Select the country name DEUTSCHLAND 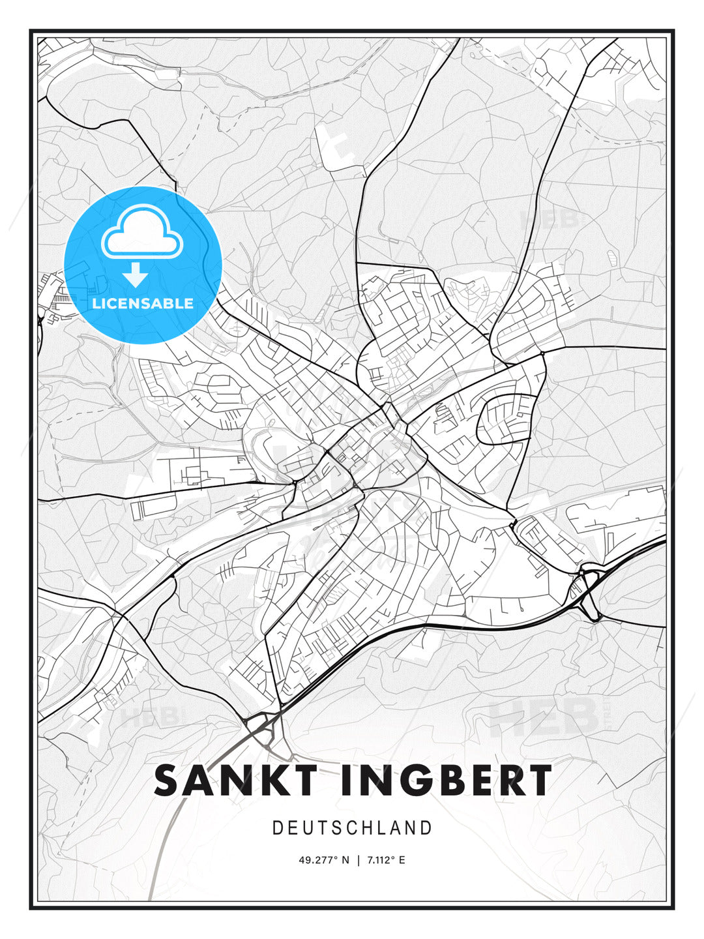pyautogui.click(x=352, y=828)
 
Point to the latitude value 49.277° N pyautogui.click(x=324, y=860)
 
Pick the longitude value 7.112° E pyautogui.click(x=386, y=860)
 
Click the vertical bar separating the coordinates pyautogui.click(x=357, y=860)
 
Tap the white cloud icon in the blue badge pyautogui.click(x=142, y=233)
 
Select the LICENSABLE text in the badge pyautogui.click(x=143, y=303)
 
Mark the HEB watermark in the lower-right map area pyautogui.click(x=544, y=715)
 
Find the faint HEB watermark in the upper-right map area pyautogui.click(x=549, y=218)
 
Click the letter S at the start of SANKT pyautogui.click(x=166, y=781)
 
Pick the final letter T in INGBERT pyautogui.click(x=540, y=781)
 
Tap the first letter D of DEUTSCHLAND pyautogui.click(x=277, y=828)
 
